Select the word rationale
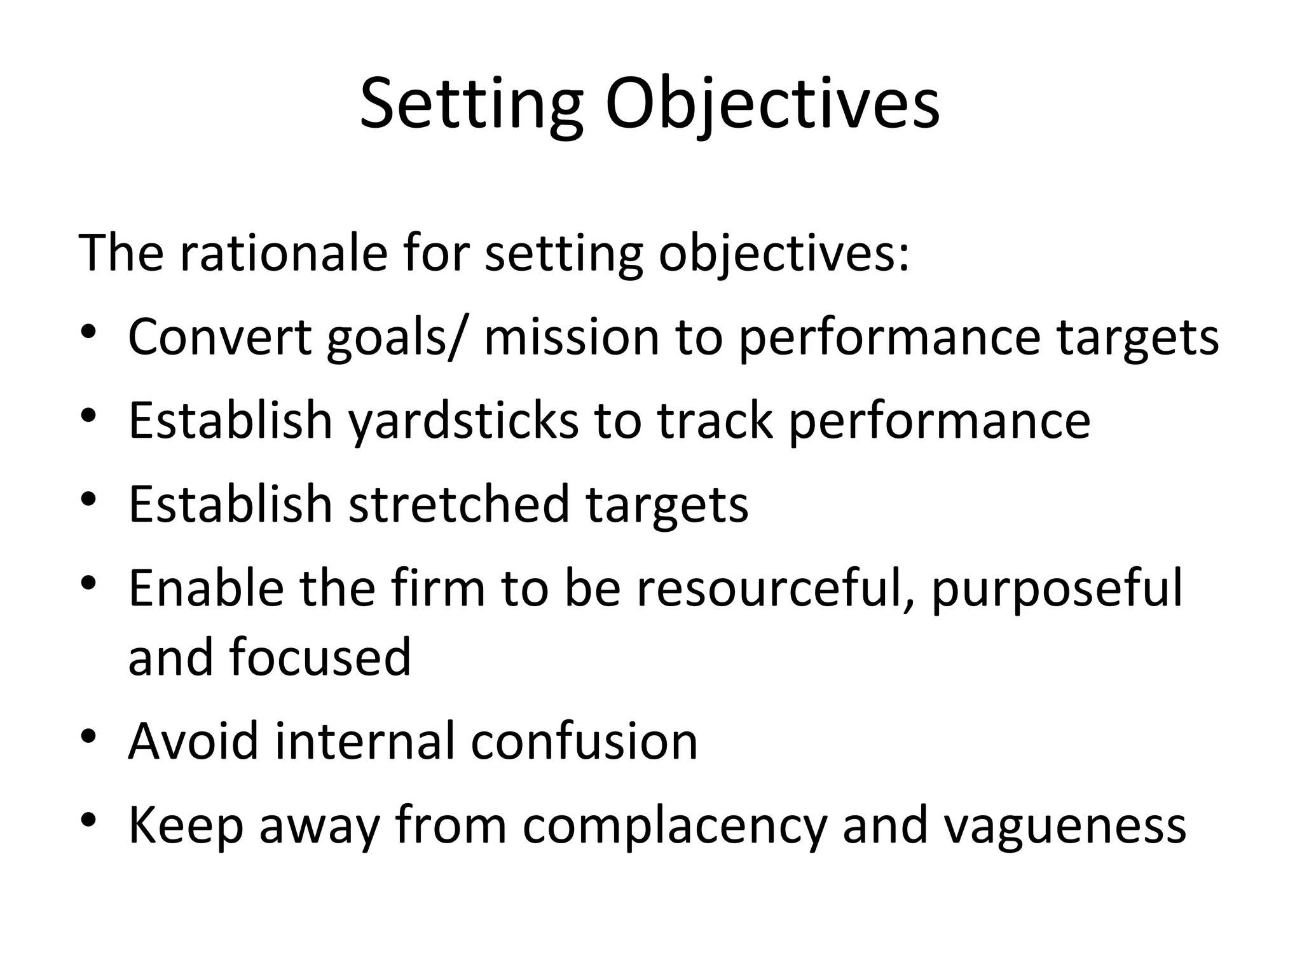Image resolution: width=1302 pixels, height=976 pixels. [283, 252]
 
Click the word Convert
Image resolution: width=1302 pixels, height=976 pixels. [219, 336]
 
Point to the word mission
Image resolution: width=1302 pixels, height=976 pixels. [572, 336]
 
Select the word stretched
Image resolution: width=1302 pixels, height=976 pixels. [458, 504]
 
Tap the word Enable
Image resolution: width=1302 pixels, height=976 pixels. [206, 588]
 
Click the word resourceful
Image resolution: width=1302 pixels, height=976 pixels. [776, 588]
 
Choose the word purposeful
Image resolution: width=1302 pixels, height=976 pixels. [1057, 588]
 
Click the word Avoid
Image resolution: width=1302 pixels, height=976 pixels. [193, 741]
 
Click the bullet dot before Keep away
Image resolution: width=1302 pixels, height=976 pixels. [88, 818]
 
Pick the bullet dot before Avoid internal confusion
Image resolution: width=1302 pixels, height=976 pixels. [88, 735]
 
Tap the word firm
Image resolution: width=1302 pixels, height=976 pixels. [438, 588]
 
